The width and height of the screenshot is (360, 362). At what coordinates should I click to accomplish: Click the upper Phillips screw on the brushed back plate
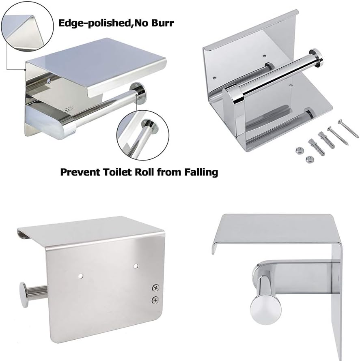[x=155, y=288]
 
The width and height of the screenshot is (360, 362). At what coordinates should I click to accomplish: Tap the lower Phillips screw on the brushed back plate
[x=155, y=300]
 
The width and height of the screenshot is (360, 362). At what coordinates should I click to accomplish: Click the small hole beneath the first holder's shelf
[x=49, y=82]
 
